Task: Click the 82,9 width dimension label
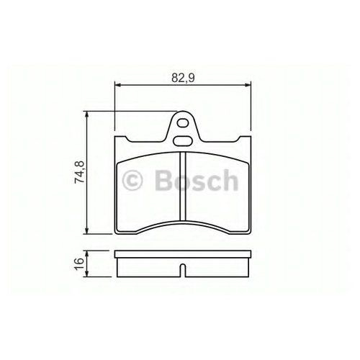(x=183, y=78)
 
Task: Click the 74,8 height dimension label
(x=79, y=172)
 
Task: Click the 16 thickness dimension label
(x=79, y=264)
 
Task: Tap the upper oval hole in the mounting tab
(x=183, y=123)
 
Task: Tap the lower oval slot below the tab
(x=182, y=141)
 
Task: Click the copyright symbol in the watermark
(x=132, y=180)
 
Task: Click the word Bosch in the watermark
(x=197, y=180)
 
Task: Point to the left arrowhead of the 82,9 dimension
(x=118, y=85)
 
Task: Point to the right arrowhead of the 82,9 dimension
(x=248, y=85)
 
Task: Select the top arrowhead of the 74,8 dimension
(x=87, y=114)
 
